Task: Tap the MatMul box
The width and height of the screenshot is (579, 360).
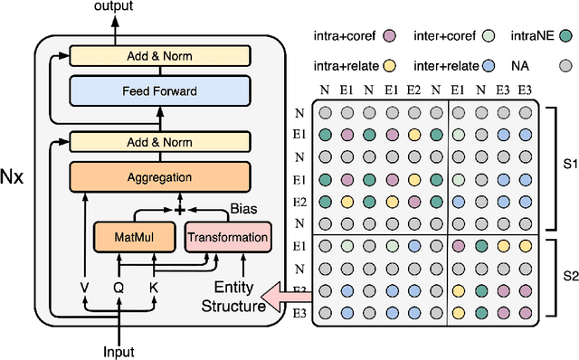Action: [134, 238]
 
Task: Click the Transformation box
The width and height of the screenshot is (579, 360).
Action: [227, 238]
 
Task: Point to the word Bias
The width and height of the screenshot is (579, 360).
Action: [242, 210]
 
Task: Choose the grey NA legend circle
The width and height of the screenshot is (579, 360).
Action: [567, 66]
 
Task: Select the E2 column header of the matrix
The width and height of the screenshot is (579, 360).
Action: [413, 90]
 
